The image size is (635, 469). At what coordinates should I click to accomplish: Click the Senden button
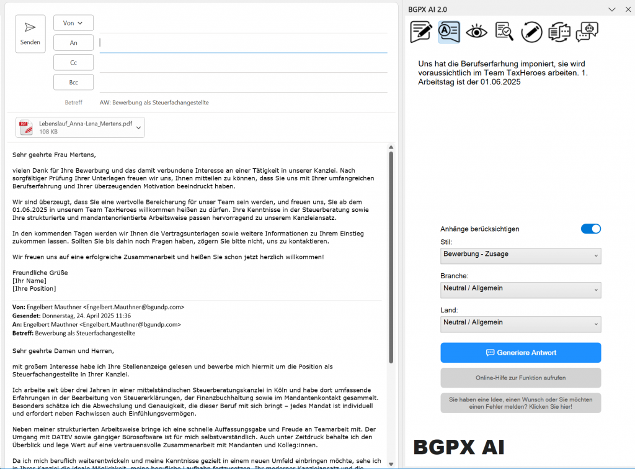(x=30, y=34)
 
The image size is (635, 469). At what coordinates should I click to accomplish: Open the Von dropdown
(x=73, y=23)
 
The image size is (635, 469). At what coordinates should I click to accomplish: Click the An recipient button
(x=73, y=43)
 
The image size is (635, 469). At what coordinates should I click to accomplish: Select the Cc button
(x=73, y=63)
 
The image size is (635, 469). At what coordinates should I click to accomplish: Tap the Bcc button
(x=73, y=82)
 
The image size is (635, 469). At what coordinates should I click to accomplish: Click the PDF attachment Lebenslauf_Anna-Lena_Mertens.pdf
(x=80, y=127)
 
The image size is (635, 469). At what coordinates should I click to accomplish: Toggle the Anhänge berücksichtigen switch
(x=590, y=229)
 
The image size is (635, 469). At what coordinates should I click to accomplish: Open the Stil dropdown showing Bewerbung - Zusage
(x=520, y=255)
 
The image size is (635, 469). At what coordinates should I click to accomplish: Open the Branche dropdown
(x=520, y=289)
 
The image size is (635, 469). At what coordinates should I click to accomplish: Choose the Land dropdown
(x=520, y=324)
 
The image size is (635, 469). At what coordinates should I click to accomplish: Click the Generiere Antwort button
(x=520, y=353)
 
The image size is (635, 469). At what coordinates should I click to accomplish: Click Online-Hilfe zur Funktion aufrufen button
(x=520, y=378)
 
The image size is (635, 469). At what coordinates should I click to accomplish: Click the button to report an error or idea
(x=520, y=403)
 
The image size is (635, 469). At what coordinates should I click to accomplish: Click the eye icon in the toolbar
(x=477, y=31)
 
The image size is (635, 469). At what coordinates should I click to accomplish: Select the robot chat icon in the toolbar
(x=587, y=31)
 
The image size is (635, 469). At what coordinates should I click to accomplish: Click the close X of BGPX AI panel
(x=626, y=9)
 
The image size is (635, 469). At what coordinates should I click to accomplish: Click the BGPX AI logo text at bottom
(x=459, y=447)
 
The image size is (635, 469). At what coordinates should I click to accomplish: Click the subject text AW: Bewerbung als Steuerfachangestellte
(x=154, y=102)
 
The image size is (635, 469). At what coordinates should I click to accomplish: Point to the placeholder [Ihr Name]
(x=29, y=281)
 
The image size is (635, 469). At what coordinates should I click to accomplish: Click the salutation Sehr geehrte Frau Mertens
(x=55, y=155)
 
